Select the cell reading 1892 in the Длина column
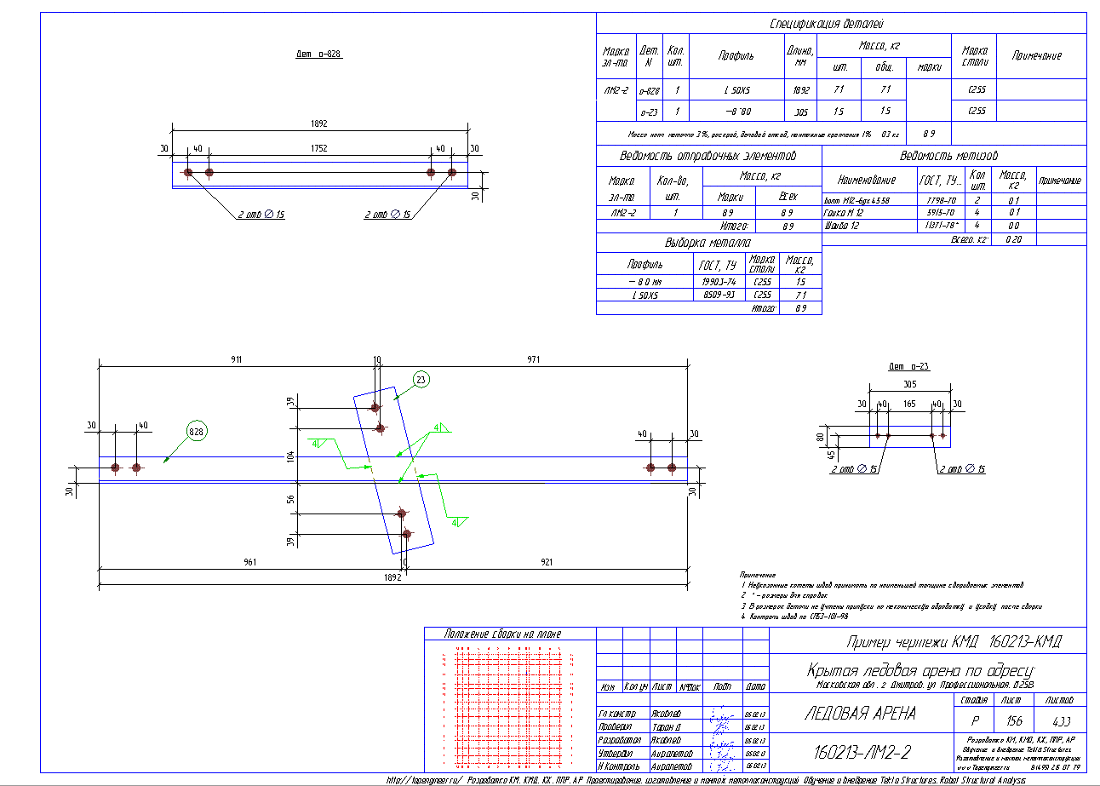(800, 89)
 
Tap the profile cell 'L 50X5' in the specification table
(736, 89)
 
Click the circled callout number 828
(197, 432)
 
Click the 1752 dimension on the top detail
(319, 147)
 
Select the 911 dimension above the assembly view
(235, 360)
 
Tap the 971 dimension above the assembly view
(534, 360)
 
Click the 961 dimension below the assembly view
(249, 562)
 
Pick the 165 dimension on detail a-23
(910, 404)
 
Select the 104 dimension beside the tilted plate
(290, 457)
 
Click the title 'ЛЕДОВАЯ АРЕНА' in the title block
(861, 713)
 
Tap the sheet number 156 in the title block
(1009, 720)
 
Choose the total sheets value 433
(1060, 720)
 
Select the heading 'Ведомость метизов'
(948, 157)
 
